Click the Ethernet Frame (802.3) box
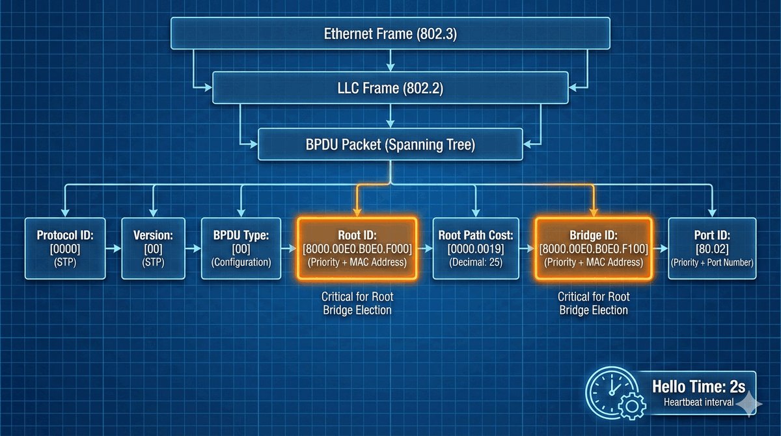(x=390, y=33)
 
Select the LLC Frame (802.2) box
(x=390, y=88)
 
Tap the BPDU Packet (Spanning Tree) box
(x=390, y=144)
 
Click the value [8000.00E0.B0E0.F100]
(x=593, y=250)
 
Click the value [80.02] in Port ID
(x=713, y=250)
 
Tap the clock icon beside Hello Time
(x=610, y=391)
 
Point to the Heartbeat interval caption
(x=698, y=402)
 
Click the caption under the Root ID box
(x=357, y=303)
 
